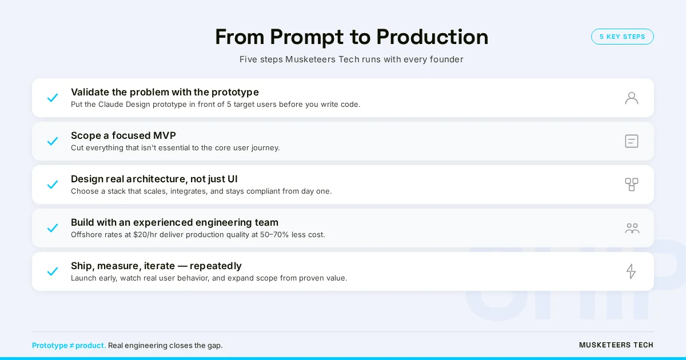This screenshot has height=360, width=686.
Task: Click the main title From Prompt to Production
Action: coord(351,37)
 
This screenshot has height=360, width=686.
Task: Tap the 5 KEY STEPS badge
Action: coord(622,37)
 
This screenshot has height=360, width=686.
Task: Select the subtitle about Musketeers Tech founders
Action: coord(351,59)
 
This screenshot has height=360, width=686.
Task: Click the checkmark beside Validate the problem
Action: coord(53,98)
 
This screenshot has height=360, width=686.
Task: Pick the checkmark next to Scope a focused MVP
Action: coord(53,141)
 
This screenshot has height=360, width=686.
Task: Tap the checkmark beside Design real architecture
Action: coord(53,185)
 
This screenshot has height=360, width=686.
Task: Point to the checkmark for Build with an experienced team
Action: coord(53,228)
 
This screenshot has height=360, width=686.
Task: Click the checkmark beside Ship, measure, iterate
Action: coord(53,271)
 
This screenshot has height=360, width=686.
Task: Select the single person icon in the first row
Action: coord(631,98)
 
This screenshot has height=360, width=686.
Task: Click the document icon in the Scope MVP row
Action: coord(631,141)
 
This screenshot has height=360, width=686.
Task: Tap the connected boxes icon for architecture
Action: coord(631,185)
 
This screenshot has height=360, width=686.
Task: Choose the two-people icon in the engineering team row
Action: coord(632,228)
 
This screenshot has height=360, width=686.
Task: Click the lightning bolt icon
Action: coord(631,271)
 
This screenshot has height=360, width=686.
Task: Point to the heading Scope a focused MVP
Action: coord(123,135)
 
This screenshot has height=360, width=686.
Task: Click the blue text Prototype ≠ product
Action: coord(69,346)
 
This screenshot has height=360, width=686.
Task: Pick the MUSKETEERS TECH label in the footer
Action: coord(616,345)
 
